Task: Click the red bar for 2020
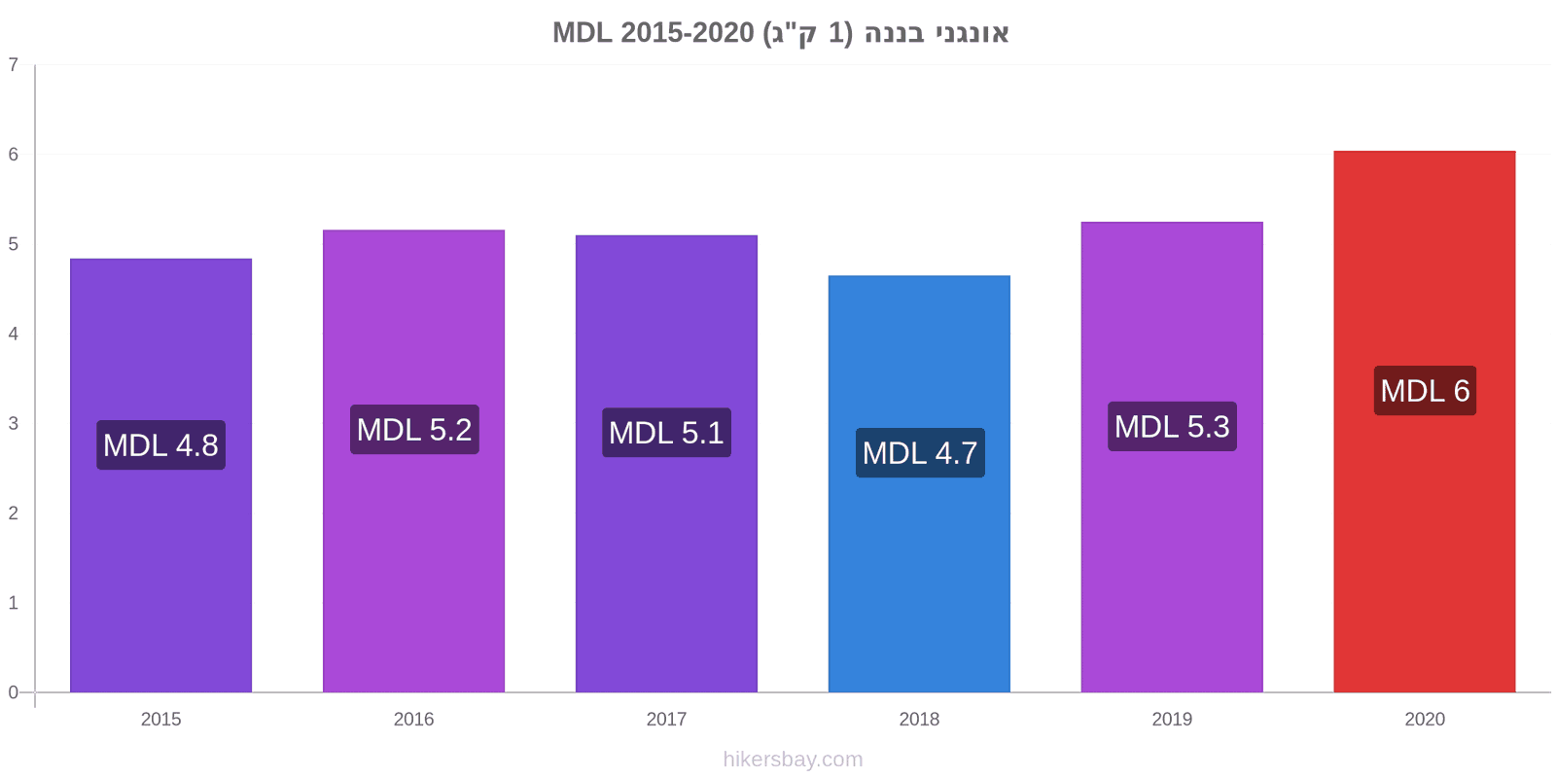coord(1424,422)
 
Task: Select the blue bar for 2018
coord(919,484)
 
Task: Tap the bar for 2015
coord(160,476)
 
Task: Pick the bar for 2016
coord(413,461)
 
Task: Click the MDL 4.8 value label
coord(160,445)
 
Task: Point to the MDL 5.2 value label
coord(414,430)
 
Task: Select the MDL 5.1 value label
coord(666,433)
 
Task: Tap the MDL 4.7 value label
coord(920,453)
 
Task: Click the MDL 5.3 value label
coord(1172,427)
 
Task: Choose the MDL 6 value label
coord(1425,391)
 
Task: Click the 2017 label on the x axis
coord(666,719)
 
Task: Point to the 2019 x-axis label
coord(1172,719)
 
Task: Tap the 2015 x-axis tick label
coord(160,719)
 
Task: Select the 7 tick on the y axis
coord(14,64)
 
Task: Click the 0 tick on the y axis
coord(14,692)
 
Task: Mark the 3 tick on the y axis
coord(14,423)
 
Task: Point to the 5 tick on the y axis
coord(14,244)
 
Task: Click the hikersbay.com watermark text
coord(793,760)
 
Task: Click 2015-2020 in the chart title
coord(687,33)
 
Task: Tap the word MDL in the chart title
coord(583,33)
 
